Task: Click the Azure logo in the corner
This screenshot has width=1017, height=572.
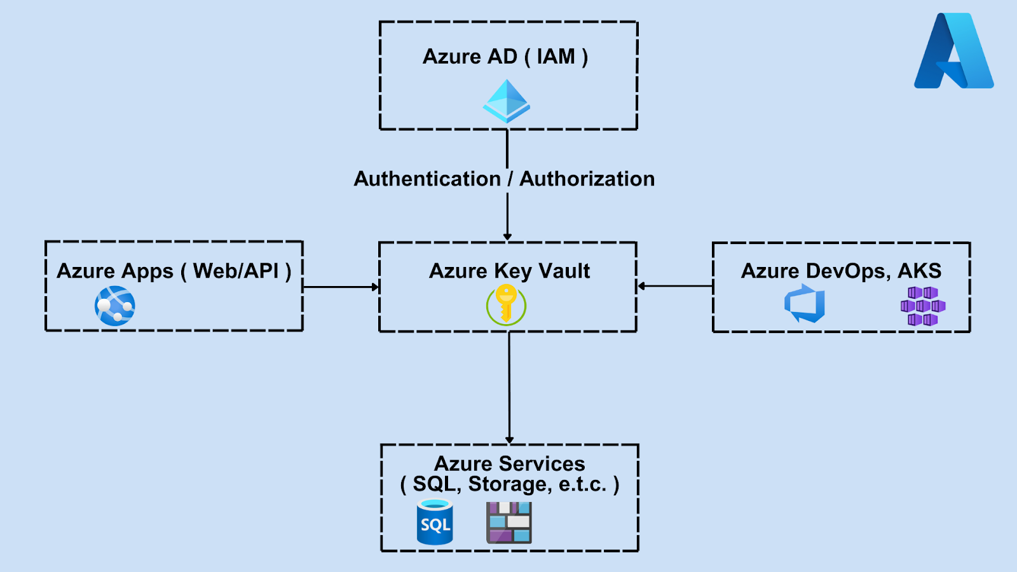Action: tap(953, 51)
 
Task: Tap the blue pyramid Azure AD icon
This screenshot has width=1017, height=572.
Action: tap(507, 102)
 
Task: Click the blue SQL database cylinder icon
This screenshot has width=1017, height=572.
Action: tap(435, 522)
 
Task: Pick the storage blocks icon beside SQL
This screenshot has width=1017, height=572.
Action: tap(508, 522)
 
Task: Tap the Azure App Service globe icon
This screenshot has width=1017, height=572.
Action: tap(115, 306)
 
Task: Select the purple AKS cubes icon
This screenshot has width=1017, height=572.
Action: tap(923, 306)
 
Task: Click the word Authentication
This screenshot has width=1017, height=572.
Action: tap(427, 179)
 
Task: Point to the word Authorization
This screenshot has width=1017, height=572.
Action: tap(587, 179)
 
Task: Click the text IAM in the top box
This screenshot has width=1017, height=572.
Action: tap(556, 57)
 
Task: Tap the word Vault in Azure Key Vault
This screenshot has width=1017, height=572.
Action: tap(564, 271)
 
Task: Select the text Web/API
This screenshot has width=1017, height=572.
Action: tap(236, 271)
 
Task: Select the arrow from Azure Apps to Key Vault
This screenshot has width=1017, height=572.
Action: tap(341, 287)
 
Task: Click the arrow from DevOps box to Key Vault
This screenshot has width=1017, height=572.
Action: tap(675, 286)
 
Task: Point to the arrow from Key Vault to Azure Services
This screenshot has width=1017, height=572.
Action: tap(509, 388)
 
